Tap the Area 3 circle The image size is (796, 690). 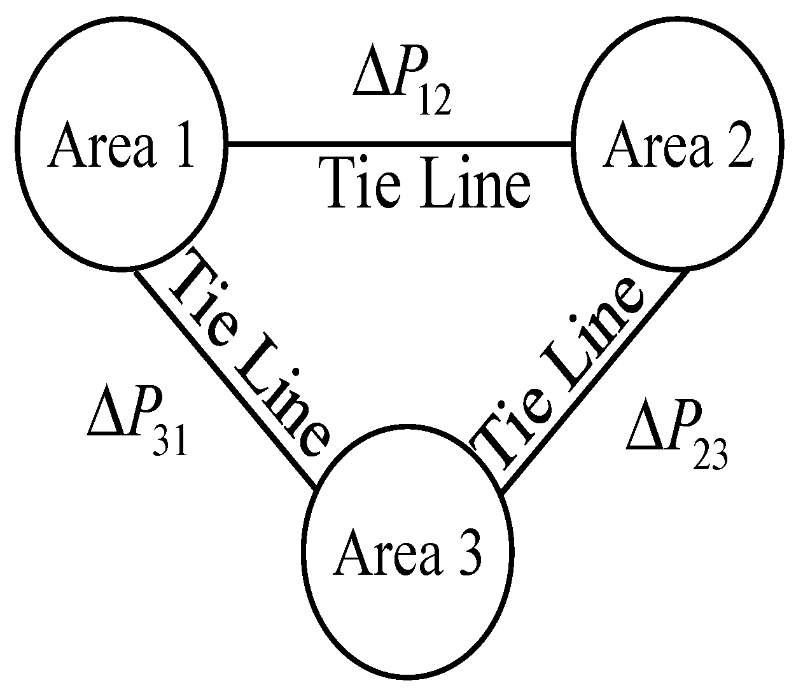(407, 551)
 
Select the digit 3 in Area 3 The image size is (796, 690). (468, 553)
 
